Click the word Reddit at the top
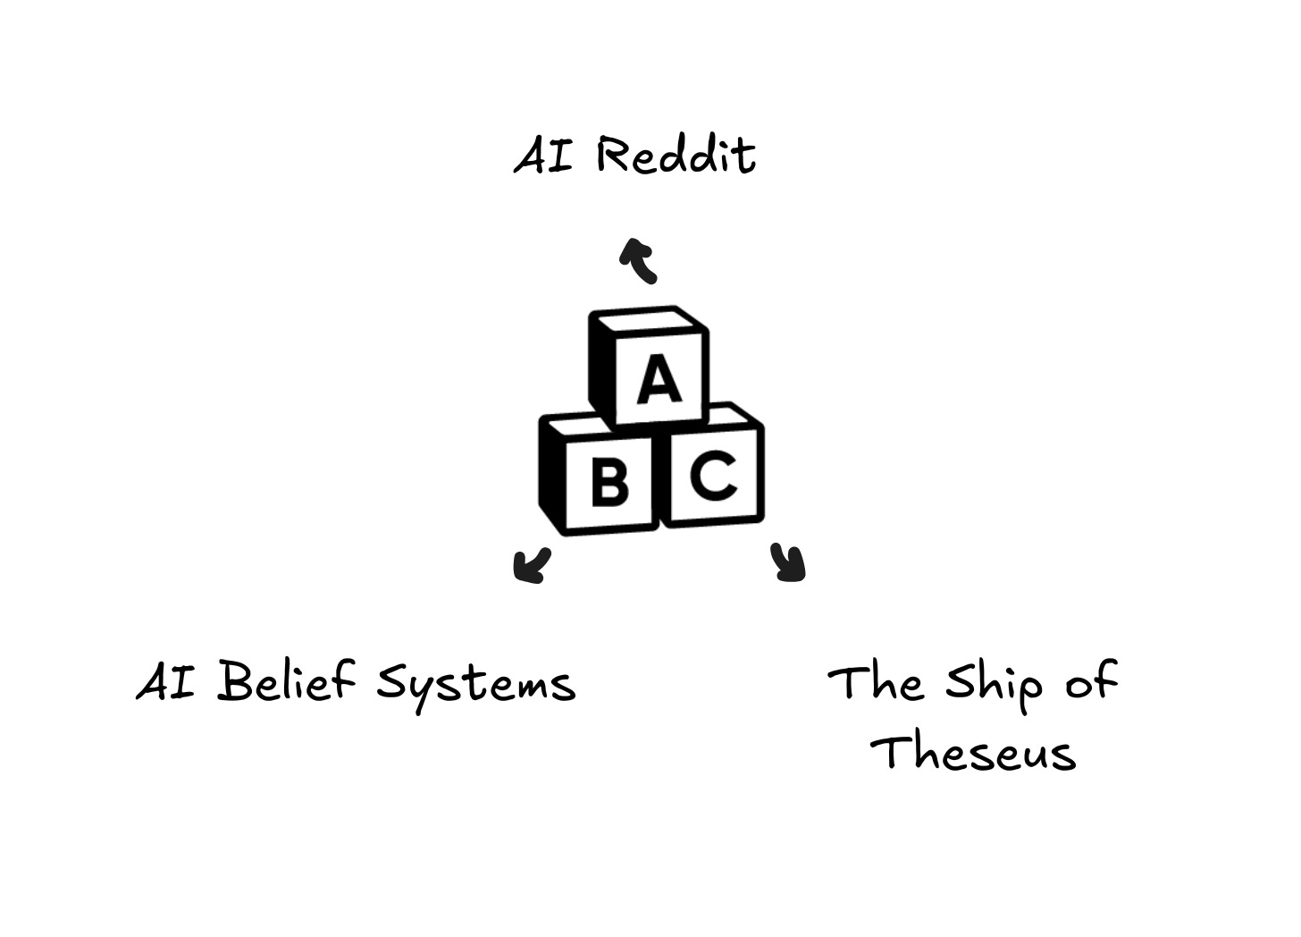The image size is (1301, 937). click(676, 156)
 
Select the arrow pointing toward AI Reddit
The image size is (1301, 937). click(639, 259)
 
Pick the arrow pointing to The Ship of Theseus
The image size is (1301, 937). click(788, 563)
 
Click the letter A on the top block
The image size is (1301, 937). click(659, 379)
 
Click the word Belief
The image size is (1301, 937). click(286, 682)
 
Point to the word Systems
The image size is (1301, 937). click(475, 686)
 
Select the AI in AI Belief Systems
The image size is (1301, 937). click(166, 682)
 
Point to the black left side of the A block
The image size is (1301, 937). click(602, 368)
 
